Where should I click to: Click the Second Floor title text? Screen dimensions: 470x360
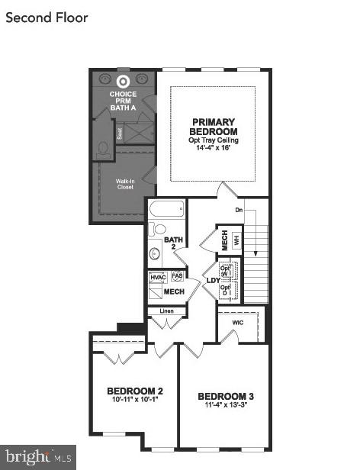[x=47, y=18]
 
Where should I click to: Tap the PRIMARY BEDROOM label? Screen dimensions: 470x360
[x=214, y=127]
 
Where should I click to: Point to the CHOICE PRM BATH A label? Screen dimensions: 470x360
[x=123, y=101]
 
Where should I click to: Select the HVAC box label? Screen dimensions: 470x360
[x=158, y=277]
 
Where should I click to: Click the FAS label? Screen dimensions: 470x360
[x=177, y=276]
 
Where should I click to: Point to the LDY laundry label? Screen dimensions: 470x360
[x=214, y=280]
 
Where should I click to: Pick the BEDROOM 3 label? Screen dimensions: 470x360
[x=226, y=396]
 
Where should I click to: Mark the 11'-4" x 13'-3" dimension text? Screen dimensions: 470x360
[x=226, y=405]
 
